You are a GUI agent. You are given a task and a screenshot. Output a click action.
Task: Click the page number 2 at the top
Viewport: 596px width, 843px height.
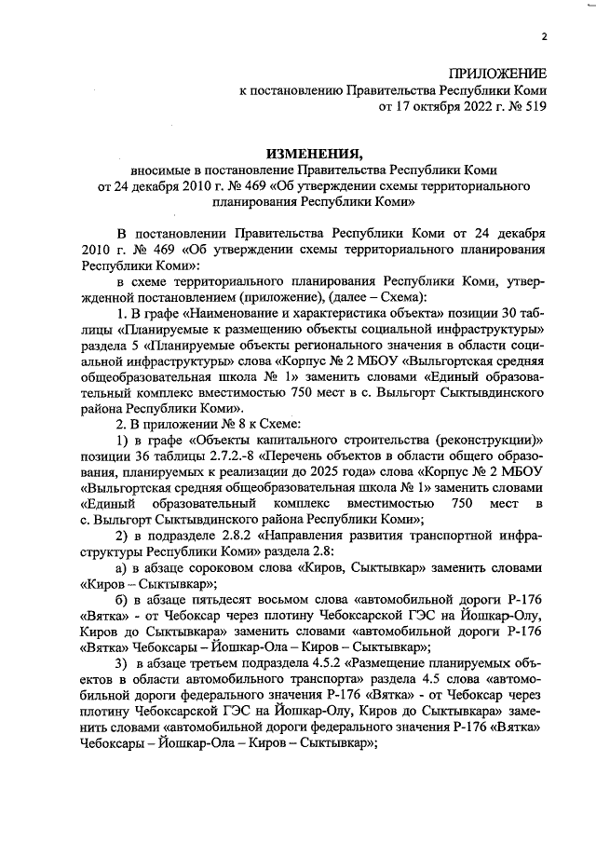(x=543, y=37)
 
